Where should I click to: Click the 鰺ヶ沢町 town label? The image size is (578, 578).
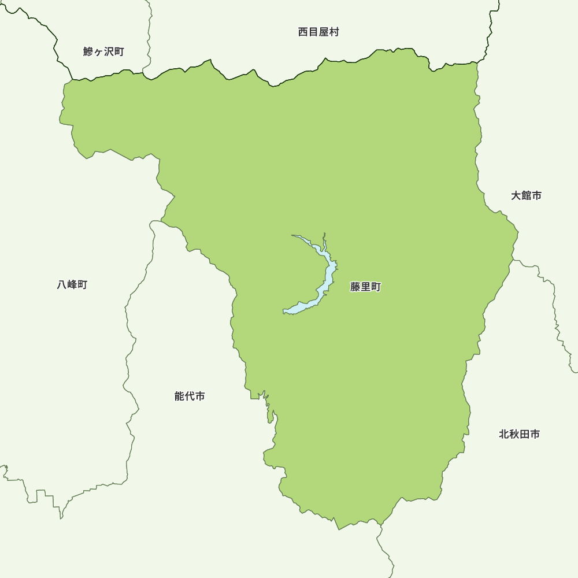pos(103,51)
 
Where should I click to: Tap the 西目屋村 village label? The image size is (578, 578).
pos(318,32)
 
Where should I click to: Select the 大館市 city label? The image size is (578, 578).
pos(526,195)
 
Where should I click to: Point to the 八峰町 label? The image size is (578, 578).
pos(72,284)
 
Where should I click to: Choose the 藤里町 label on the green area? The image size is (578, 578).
pos(365,287)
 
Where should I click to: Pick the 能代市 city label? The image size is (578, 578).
pos(190,396)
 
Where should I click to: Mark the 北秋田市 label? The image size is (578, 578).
pos(519,433)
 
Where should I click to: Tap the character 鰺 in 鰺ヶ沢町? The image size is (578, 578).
pos(88,51)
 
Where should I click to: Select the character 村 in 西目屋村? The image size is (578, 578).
pos(334,32)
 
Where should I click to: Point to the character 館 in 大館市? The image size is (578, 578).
pos(526,195)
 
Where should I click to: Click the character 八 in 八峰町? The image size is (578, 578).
pos(62,284)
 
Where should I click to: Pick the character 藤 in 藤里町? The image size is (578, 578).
pos(355,287)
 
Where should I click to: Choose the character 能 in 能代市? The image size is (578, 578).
pos(179,396)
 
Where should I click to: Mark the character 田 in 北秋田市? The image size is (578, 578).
pos(524,433)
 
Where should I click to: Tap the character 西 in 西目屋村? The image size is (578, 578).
pos(303,32)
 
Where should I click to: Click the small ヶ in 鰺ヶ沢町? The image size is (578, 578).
pos(99,52)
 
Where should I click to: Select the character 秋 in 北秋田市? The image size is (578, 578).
pos(514,433)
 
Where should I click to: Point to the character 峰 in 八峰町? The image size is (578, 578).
pos(72,284)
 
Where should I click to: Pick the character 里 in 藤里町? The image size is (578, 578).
pos(365,287)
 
